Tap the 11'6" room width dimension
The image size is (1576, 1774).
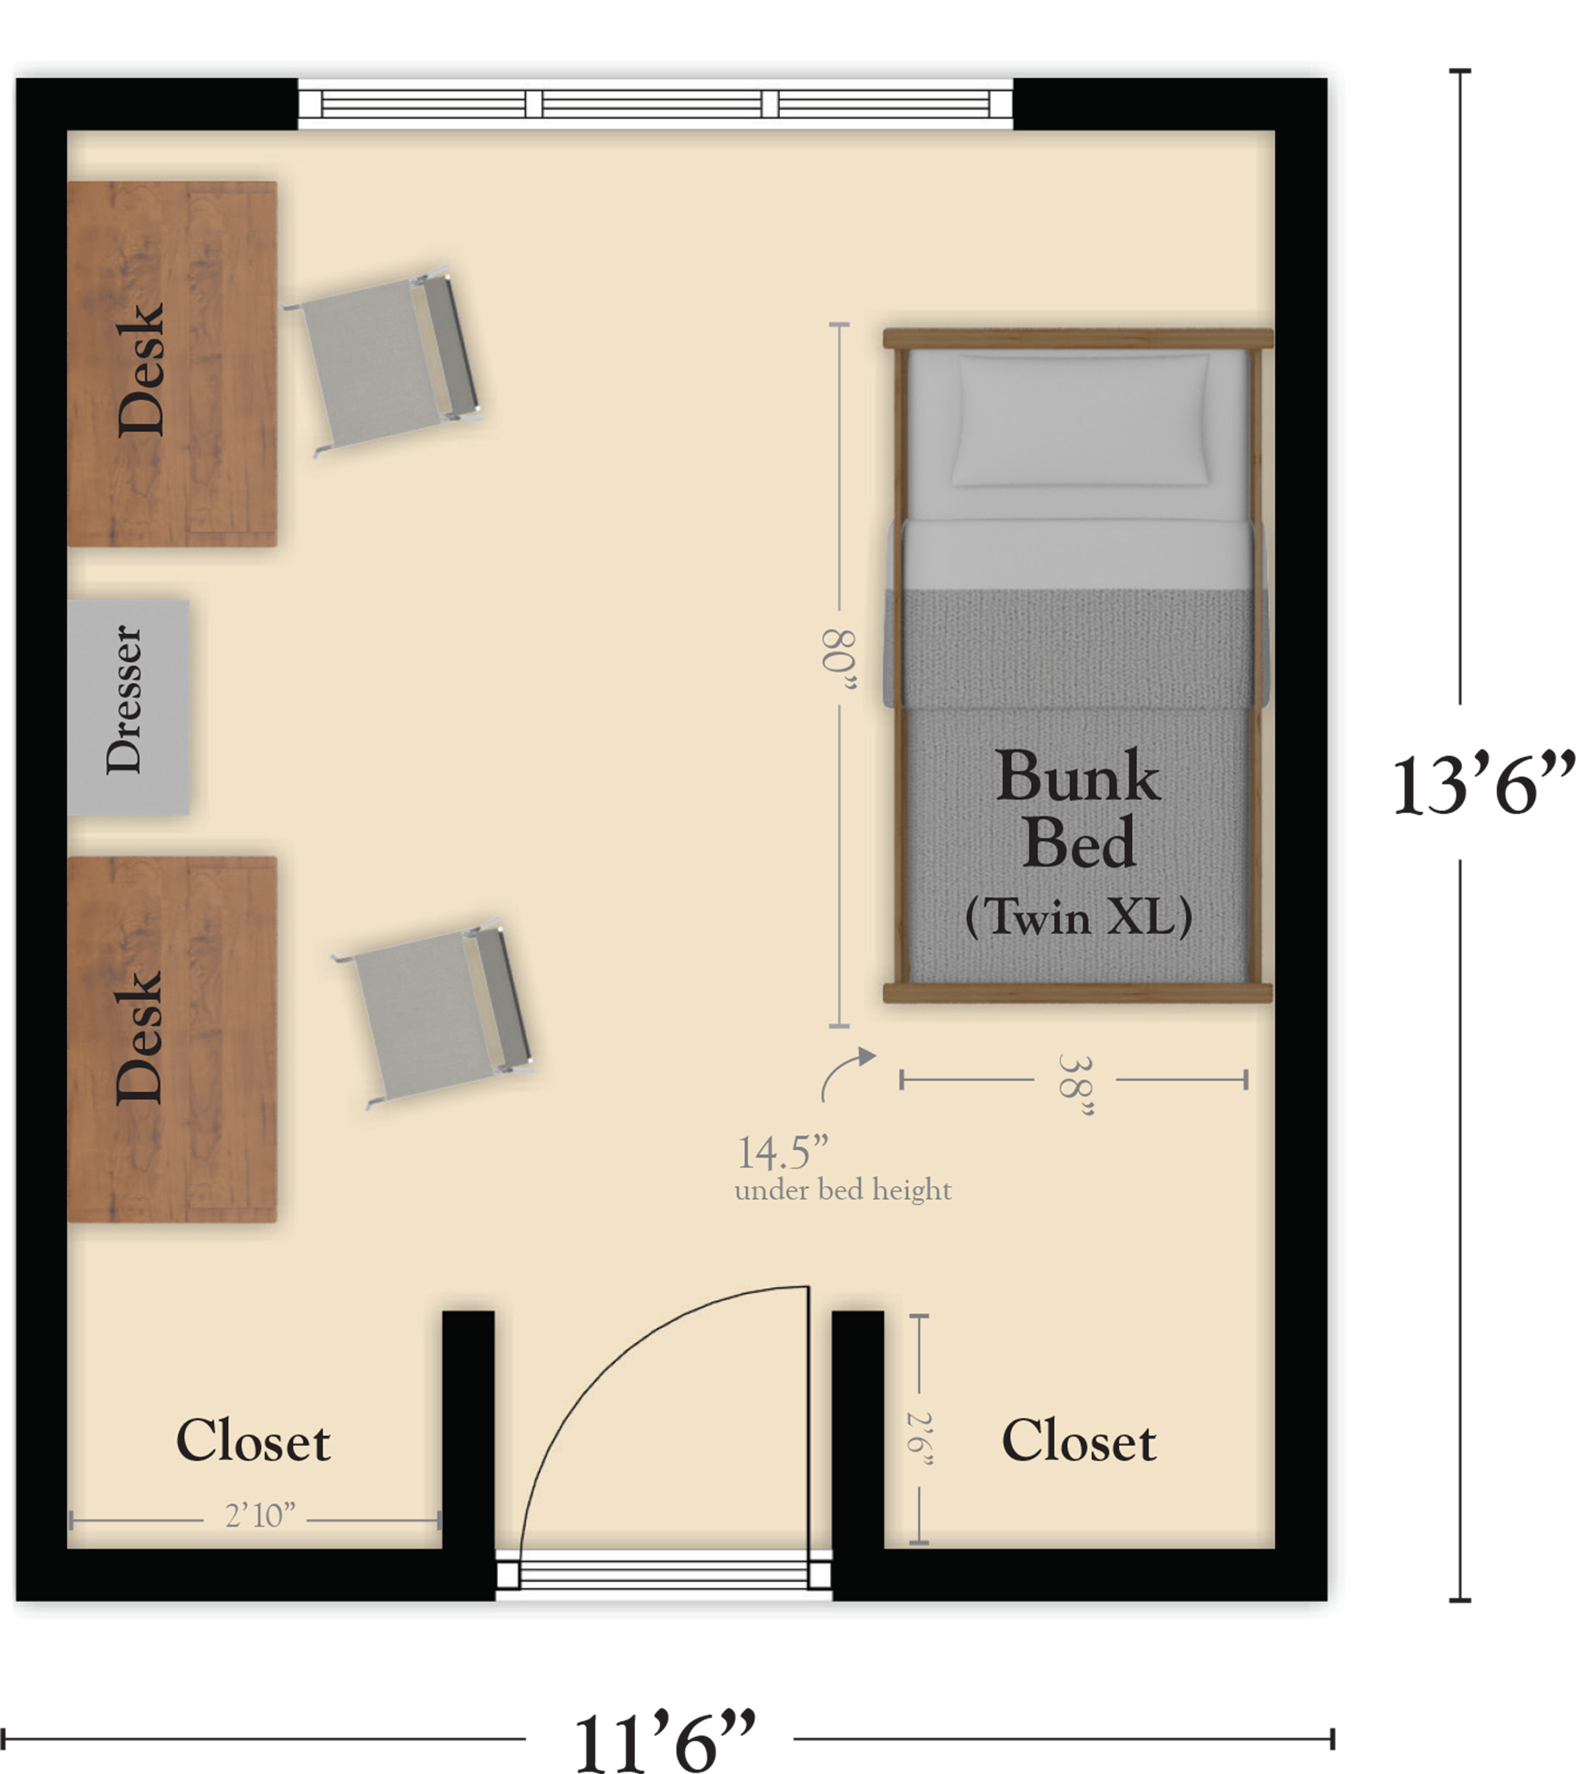click(x=664, y=1741)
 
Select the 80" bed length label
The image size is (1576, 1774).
click(x=838, y=661)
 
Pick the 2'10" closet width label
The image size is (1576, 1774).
click(x=260, y=1516)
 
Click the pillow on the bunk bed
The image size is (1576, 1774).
click(x=1081, y=418)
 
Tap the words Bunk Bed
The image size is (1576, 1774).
click(x=1079, y=808)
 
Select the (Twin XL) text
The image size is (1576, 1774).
click(x=1079, y=917)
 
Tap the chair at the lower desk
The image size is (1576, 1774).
click(x=434, y=1013)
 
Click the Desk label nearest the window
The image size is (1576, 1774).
click(x=140, y=369)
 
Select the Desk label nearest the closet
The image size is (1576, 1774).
click(x=139, y=1036)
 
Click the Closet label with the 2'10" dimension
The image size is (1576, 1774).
click(x=254, y=1441)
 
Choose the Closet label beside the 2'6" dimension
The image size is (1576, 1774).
click(x=1079, y=1441)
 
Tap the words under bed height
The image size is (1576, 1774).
click(x=842, y=1190)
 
